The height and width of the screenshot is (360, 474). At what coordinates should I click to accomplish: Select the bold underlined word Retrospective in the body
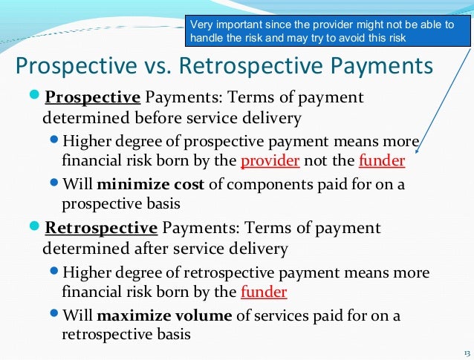click(101, 228)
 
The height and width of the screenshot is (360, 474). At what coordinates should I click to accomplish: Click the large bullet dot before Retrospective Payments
click(36, 228)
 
